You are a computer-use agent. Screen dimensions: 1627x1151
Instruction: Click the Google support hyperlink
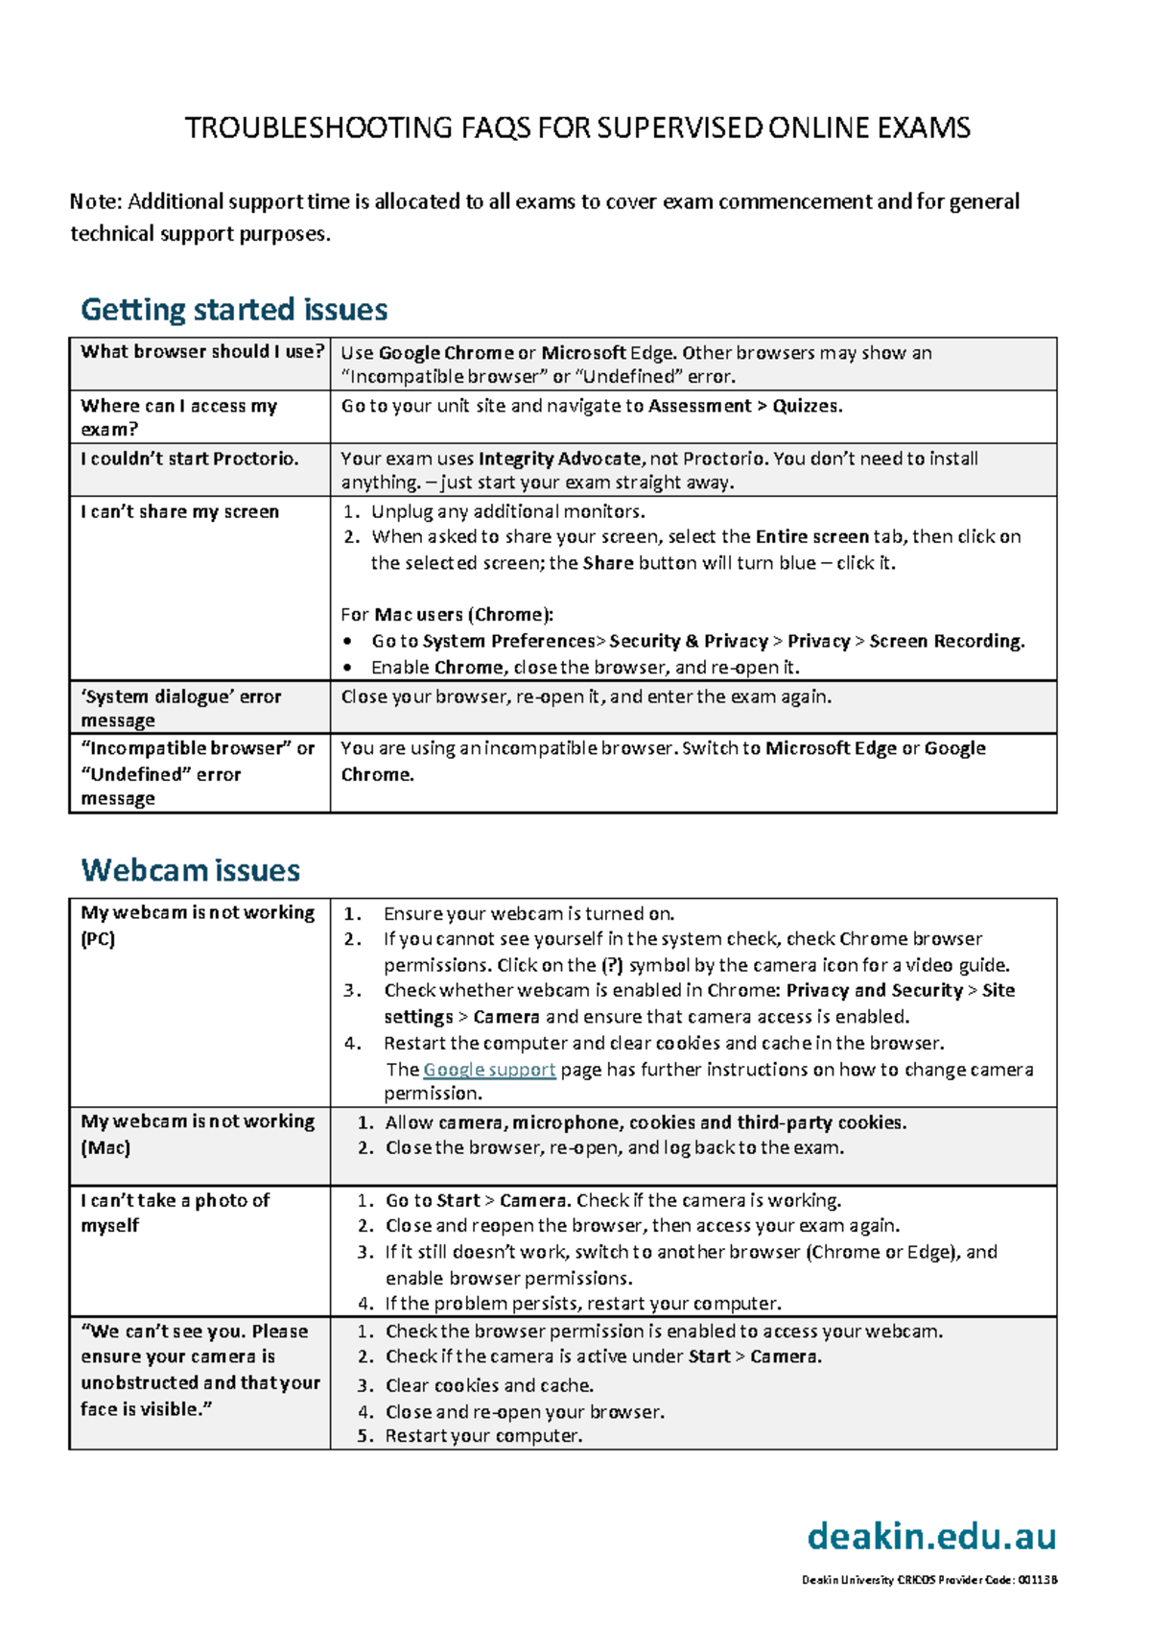point(489,1070)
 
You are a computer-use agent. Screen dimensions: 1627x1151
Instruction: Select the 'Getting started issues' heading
point(234,309)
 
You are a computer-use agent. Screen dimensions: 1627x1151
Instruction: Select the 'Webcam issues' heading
point(191,870)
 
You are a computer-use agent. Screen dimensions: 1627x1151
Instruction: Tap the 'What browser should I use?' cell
point(201,352)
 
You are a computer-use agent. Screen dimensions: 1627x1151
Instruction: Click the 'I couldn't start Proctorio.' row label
point(189,459)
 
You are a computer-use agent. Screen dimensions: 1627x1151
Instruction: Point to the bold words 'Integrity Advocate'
point(559,459)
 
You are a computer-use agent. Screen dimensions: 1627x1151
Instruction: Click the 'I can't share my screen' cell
point(179,512)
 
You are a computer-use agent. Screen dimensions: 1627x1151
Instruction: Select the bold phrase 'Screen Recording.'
point(947,641)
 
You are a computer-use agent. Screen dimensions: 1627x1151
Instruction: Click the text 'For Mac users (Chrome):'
point(447,615)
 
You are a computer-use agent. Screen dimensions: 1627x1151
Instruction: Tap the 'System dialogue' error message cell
point(180,708)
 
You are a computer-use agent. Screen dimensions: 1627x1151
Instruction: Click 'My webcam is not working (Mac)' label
point(197,1134)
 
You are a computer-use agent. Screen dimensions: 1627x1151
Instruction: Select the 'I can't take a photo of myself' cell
point(175,1213)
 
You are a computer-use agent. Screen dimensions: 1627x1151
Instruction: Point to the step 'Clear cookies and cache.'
point(489,1385)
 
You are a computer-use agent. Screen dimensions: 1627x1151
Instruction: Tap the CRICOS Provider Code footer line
point(928,1580)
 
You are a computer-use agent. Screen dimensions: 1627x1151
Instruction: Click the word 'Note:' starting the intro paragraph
point(96,201)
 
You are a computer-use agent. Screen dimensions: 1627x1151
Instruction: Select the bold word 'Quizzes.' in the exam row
point(808,406)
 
